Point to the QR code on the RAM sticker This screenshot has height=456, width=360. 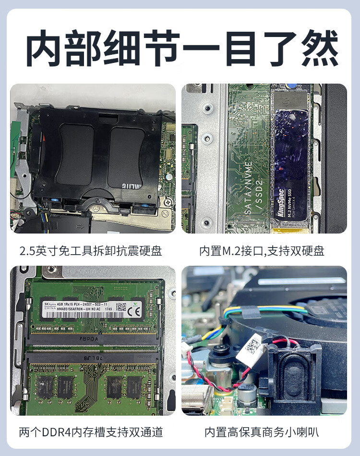121,307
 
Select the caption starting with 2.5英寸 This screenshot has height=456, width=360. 91,250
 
